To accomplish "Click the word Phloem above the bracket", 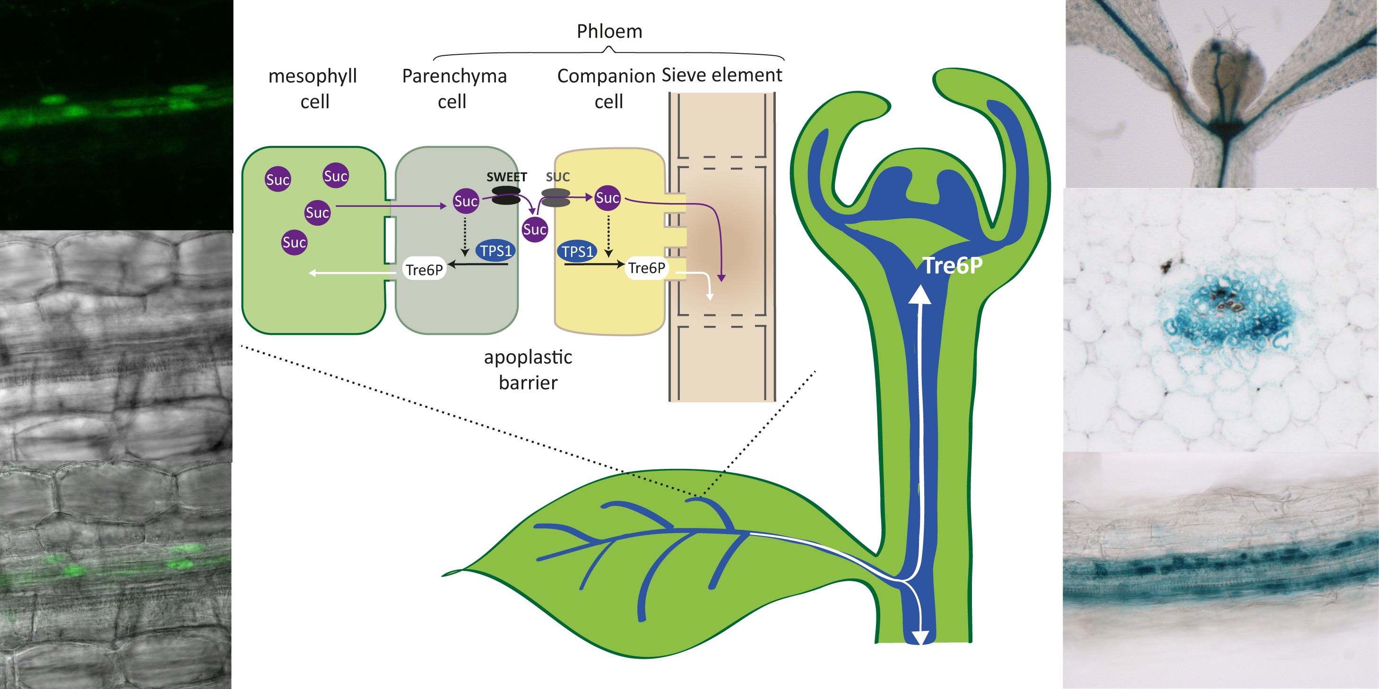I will pos(609,32).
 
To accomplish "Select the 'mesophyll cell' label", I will pos(313,88).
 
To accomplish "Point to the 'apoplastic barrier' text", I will pos(528,370).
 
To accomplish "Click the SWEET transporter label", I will pos(506,177).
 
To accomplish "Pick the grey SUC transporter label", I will pos(557,177).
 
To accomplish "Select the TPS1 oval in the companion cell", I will pos(577,251).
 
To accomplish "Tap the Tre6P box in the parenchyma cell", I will pos(424,270).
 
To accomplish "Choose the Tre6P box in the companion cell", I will pos(647,267).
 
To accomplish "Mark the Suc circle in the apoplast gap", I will pos(534,230).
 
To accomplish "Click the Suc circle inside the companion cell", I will pos(607,198).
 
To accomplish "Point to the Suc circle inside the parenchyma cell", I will pos(465,201).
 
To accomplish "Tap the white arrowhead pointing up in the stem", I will pos(919,295).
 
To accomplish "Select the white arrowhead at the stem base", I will pos(919,638).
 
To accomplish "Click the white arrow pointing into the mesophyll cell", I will pos(313,273).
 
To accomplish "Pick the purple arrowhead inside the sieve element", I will pos(721,278).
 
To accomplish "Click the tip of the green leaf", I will pos(444,575).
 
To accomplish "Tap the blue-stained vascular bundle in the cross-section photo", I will pos(1229,315).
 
